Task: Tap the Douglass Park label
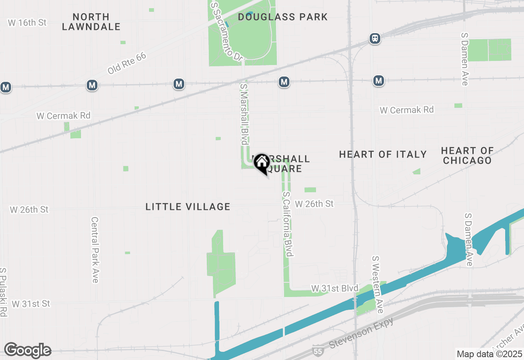click(x=283, y=17)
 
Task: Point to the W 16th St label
click(x=27, y=22)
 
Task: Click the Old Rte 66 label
click(x=127, y=63)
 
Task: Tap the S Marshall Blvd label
click(x=244, y=115)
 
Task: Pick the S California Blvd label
click(x=288, y=224)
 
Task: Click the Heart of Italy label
click(x=383, y=154)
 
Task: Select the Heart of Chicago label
click(x=467, y=155)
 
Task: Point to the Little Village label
click(x=188, y=207)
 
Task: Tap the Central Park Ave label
click(x=95, y=250)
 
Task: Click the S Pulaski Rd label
click(x=4, y=292)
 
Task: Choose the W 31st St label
click(x=31, y=304)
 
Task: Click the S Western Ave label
click(x=377, y=285)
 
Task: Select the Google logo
click(x=27, y=351)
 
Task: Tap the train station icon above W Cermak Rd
click(x=375, y=38)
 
